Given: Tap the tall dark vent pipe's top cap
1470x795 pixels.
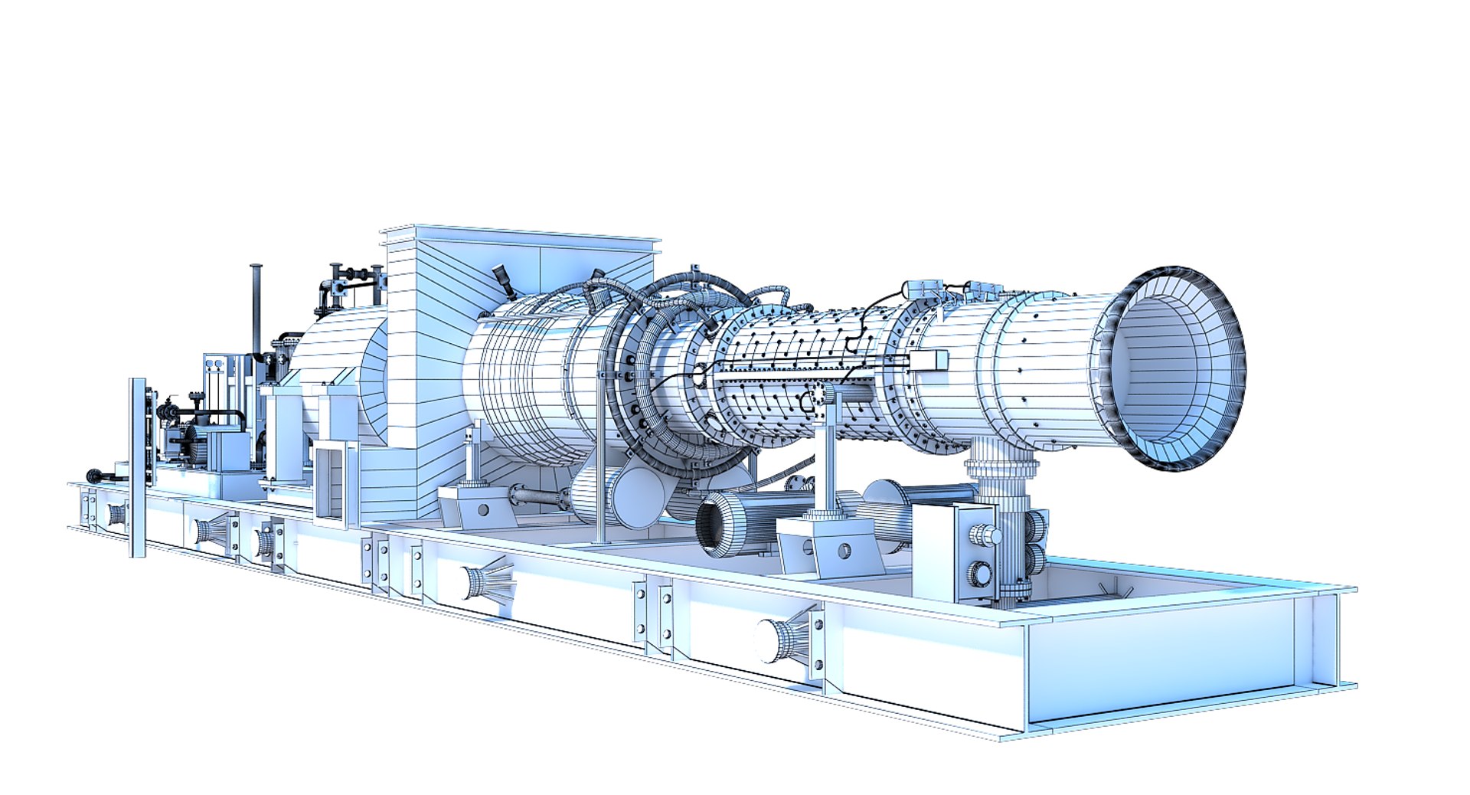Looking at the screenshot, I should pyautogui.click(x=256, y=268).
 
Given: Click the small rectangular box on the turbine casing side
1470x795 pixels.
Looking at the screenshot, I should pyautogui.click(x=929, y=359).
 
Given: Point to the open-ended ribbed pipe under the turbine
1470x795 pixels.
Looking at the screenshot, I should pyautogui.click(x=720, y=524).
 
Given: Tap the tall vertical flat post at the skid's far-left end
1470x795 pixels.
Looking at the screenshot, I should pyautogui.click(x=138, y=467).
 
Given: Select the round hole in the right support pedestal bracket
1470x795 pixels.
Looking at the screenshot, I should pyautogui.click(x=843, y=550).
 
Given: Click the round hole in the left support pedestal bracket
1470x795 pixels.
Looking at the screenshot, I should pyautogui.click(x=483, y=510).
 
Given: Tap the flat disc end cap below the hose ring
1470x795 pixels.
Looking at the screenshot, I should pyautogui.click(x=637, y=498).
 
